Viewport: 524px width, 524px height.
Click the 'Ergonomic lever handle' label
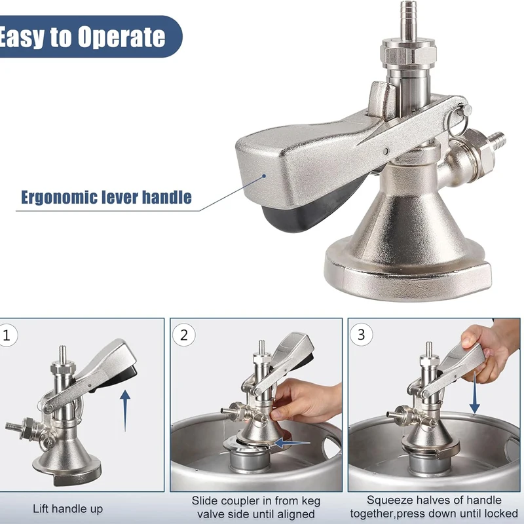coord(106,196)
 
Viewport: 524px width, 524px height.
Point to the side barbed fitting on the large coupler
coord(498,138)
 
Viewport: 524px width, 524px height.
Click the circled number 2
coord(184,335)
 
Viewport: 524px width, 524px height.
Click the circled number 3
coord(362,335)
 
